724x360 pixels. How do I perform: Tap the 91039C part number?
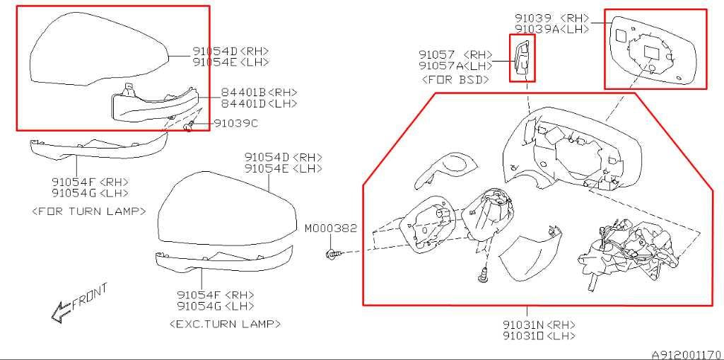pos(235,123)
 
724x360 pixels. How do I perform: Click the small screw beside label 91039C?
pos(188,126)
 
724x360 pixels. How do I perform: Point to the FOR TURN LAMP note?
pos(89,211)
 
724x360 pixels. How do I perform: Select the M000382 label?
pos(331,228)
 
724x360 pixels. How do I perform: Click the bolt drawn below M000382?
pos(333,252)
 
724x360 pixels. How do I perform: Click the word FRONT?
pos(90,296)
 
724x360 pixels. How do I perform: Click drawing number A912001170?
pos(687,354)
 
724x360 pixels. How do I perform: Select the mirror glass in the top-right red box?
pos(653,51)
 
